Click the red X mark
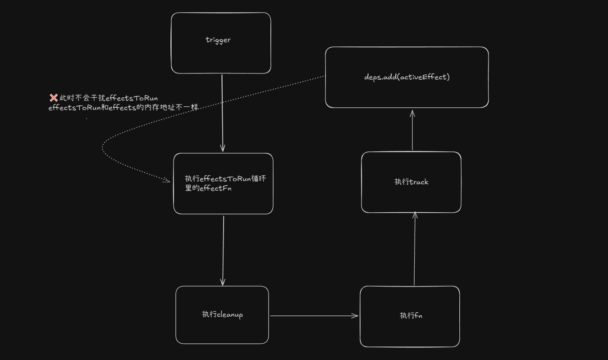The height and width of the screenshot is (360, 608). (x=53, y=98)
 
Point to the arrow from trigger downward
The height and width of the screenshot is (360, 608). (x=222, y=113)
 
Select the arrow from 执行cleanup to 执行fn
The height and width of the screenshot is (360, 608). (x=314, y=316)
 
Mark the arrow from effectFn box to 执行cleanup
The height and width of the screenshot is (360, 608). (x=223, y=250)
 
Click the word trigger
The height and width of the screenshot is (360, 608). (x=218, y=40)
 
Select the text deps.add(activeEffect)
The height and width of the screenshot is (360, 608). (x=407, y=77)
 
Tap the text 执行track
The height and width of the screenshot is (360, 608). (x=411, y=182)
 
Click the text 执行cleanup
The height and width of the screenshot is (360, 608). (x=222, y=314)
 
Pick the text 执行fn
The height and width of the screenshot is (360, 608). (x=411, y=315)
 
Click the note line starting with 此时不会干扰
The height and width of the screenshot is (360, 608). (x=108, y=98)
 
